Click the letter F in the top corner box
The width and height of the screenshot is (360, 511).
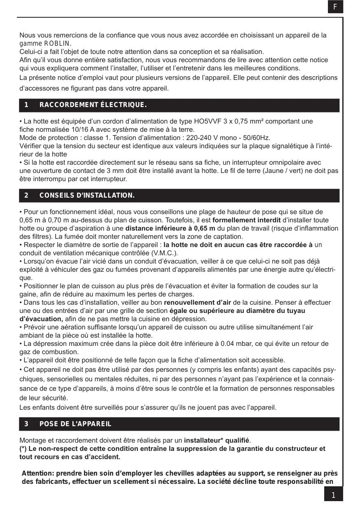(335, 7)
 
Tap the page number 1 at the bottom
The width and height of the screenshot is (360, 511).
(333, 495)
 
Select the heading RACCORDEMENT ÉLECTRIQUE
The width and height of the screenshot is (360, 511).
(93, 105)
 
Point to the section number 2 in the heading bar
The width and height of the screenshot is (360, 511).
(26, 195)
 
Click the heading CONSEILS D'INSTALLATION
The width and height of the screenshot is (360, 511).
(87, 195)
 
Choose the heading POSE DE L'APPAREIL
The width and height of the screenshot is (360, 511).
(75, 424)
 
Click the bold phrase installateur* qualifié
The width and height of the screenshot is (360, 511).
(217, 440)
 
